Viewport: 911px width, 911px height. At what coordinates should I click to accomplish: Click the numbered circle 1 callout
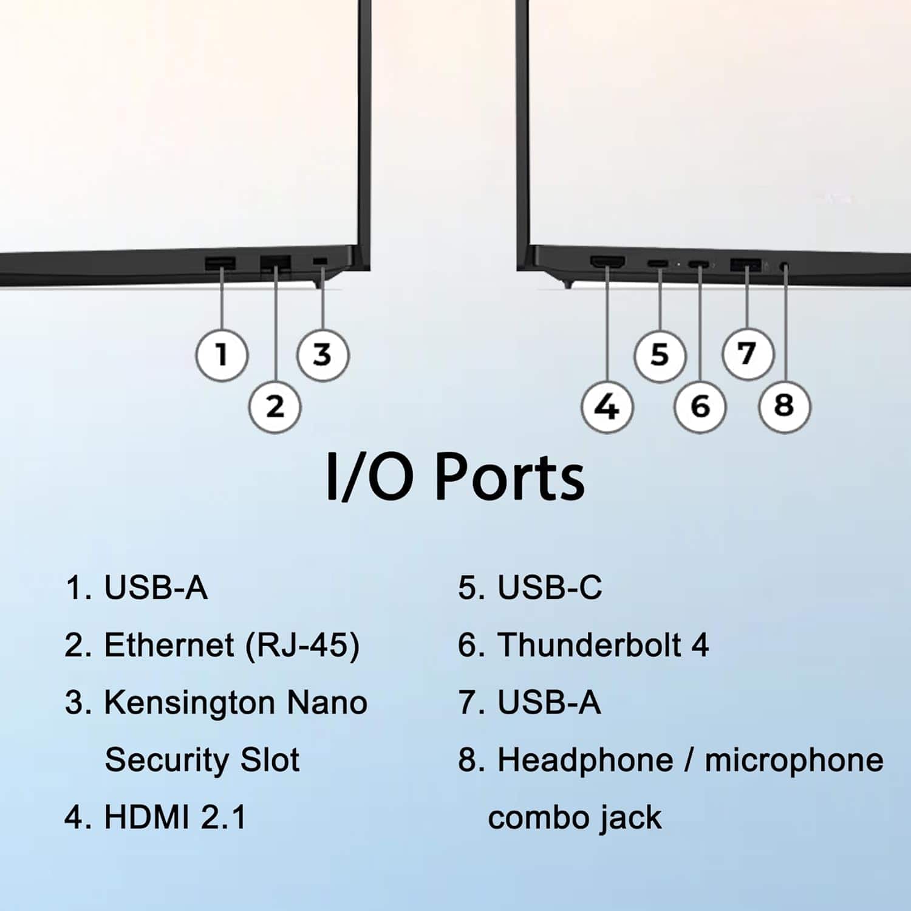pyautogui.click(x=222, y=355)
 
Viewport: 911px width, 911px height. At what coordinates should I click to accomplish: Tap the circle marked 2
pyautogui.click(x=275, y=406)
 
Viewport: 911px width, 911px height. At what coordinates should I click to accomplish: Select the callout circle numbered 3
pyautogui.click(x=322, y=355)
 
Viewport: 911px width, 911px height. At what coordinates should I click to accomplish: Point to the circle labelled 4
pyautogui.click(x=607, y=406)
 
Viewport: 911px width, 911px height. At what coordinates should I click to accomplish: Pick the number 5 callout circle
pyautogui.click(x=660, y=355)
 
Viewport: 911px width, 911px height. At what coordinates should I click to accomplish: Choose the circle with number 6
pyautogui.click(x=700, y=406)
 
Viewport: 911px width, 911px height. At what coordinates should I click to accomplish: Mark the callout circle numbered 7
pyautogui.click(x=748, y=353)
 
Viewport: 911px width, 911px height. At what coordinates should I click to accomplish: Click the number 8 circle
pyautogui.click(x=785, y=405)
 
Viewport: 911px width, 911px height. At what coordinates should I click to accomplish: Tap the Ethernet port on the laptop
pyautogui.click(x=276, y=265)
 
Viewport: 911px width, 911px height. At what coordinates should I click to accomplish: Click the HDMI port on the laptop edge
pyautogui.click(x=607, y=263)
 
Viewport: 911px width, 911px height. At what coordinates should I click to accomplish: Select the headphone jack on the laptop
pyautogui.click(x=785, y=266)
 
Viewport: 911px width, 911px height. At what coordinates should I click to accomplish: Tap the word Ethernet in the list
pyautogui.click(x=169, y=645)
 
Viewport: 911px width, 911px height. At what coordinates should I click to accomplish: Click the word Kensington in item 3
pyautogui.click(x=189, y=703)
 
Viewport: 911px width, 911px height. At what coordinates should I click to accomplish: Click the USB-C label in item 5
pyautogui.click(x=550, y=588)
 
